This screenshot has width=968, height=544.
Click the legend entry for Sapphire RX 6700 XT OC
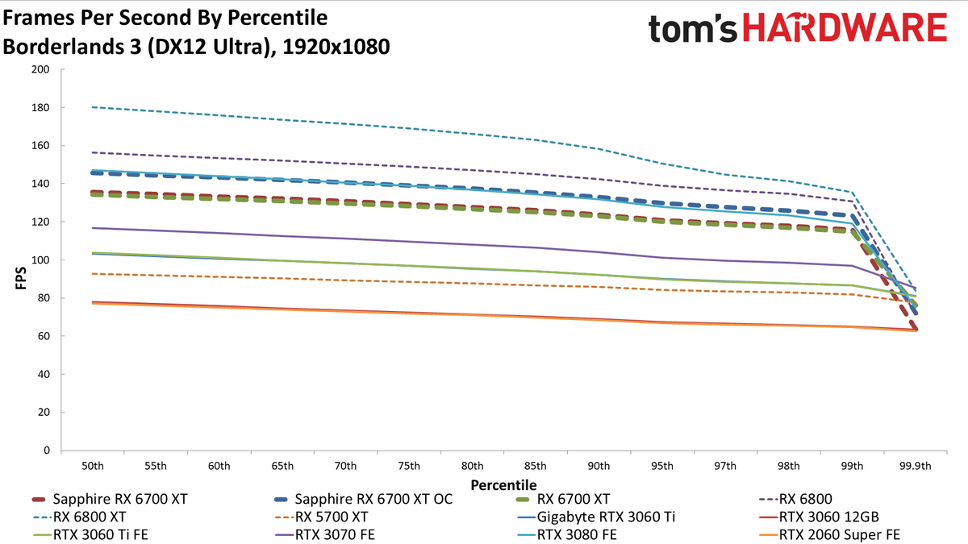pyautogui.click(x=364, y=499)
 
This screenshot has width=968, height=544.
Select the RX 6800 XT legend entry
pyautogui.click(x=80, y=517)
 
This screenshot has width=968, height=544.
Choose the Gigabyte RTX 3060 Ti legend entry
pyautogui.click(x=596, y=517)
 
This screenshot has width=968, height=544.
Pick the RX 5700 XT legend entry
pyautogui.click(x=321, y=517)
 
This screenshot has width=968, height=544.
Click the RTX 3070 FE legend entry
pyautogui.click(x=324, y=534)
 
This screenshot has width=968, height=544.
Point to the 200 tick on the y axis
pyautogui.click(x=40, y=69)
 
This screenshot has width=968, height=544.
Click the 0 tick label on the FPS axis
pyautogui.click(x=47, y=451)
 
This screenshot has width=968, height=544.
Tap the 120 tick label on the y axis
pyautogui.click(x=40, y=222)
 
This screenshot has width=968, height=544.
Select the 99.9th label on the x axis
pyautogui.click(x=916, y=466)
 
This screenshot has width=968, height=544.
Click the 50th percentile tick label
pyautogui.click(x=93, y=466)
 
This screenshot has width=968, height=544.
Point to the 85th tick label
pyautogui.click(x=535, y=466)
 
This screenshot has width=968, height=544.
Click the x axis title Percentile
pyautogui.click(x=503, y=485)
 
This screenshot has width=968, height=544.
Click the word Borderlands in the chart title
pyautogui.click(x=72, y=47)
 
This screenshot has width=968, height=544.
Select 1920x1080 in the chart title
pyautogui.click(x=336, y=47)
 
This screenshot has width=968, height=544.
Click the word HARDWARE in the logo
pyautogui.click(x=845, y=27)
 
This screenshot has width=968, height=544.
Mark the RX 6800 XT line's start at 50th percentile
pyautogui.click(x=93, y=107)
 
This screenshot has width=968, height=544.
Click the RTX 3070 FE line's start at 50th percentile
pyautogui.click(x=93, y=228)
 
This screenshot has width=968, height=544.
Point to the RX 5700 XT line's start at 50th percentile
pyautogui.click(x=93, y=274)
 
